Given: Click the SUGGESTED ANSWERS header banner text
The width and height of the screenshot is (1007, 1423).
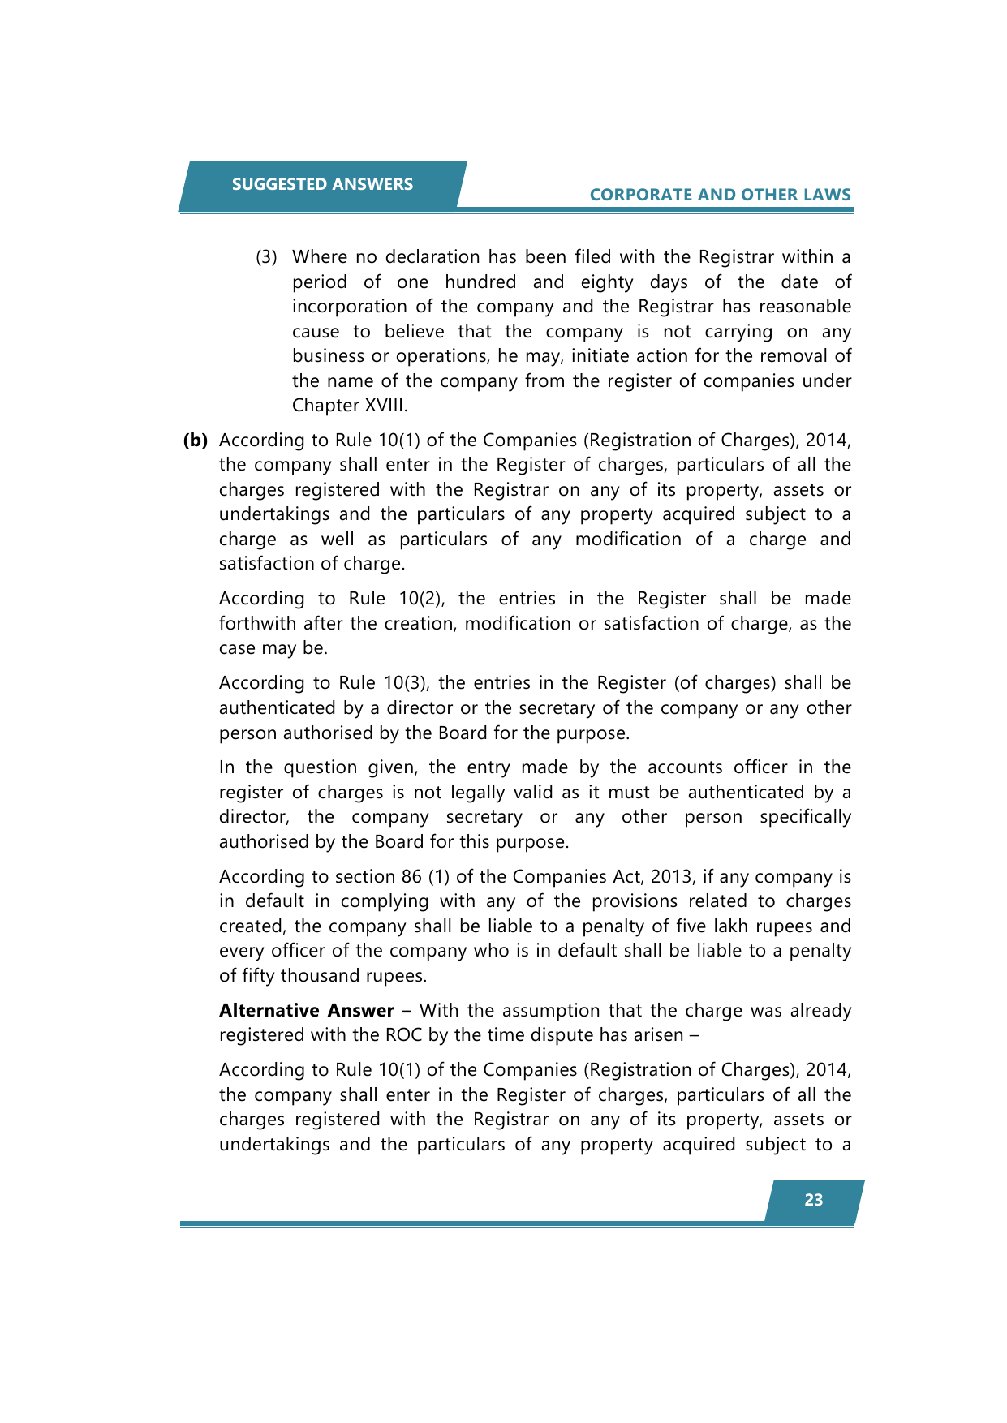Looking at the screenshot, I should click(x=322, y=184).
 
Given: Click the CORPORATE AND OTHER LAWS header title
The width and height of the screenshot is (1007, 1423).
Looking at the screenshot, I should click(x=720, y=195).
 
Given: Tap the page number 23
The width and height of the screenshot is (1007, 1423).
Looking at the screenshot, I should click(x=813, y=1200).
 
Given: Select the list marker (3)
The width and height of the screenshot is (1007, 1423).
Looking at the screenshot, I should click(x=266, y=257).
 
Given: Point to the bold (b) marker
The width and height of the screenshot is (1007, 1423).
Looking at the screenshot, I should click(x=195, y=441).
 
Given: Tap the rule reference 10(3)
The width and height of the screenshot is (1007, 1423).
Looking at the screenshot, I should click(x=405, y=683).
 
